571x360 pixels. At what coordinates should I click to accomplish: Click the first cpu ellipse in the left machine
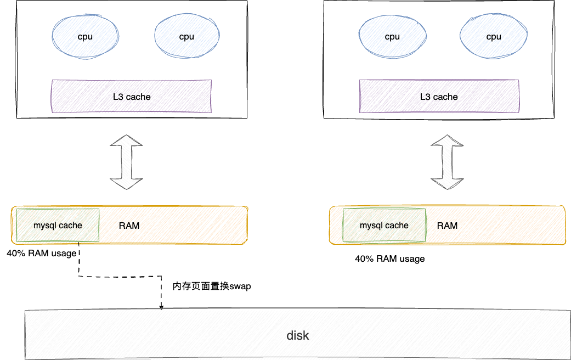(85, 37)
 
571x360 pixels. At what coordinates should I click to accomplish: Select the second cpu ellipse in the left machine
(186, 37)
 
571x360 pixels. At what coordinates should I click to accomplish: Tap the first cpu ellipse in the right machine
(392, 37)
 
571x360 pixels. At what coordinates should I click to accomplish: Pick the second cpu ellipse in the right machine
(494, 37)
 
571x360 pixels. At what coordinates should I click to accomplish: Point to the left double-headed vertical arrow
(126, 162)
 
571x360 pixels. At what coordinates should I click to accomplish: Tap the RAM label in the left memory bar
(129, 226)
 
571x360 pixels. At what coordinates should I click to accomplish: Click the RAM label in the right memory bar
(447, 226)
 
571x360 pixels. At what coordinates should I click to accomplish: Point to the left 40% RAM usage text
(42, 254)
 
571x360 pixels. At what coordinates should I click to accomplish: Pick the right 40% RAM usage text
(390, 258)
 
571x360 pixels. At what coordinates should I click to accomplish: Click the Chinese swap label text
(212, 286)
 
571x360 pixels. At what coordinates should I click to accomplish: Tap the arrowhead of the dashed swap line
(161, 307)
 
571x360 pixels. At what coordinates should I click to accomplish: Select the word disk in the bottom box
(298, 335)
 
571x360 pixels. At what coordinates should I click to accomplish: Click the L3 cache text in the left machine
(132, 97)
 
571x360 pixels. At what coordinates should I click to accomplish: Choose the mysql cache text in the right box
(384, 225)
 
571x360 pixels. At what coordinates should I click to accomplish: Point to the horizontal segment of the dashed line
(121, 276)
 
